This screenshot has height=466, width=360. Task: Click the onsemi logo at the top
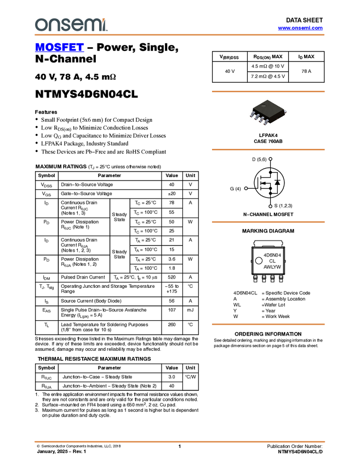(x=71, y=25)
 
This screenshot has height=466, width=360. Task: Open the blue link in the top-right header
(x=300, y=28)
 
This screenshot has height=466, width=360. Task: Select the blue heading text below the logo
(x=59, y=48)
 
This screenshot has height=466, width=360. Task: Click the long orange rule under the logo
(x=179, y=35)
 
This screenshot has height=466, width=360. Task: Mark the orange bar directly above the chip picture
(x=268, y=92)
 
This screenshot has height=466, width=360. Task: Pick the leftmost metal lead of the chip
(x=253, y=115)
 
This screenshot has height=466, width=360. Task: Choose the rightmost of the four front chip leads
(x=266, y=122)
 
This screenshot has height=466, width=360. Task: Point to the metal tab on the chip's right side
(x=286, y=111)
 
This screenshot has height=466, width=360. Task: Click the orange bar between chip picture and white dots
(x=268, y=150)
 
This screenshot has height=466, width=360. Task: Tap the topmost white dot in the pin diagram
(x=271, y=159)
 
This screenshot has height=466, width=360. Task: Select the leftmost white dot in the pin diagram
(x=246, y=189)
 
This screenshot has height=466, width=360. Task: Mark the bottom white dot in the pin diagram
(x=271, y=206)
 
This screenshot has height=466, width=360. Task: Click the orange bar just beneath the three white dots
(x=268, y=222)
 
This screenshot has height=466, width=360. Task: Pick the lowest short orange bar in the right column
(x=268, y=325)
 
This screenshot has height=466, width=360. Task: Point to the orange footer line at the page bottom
(x=179, y=441)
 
